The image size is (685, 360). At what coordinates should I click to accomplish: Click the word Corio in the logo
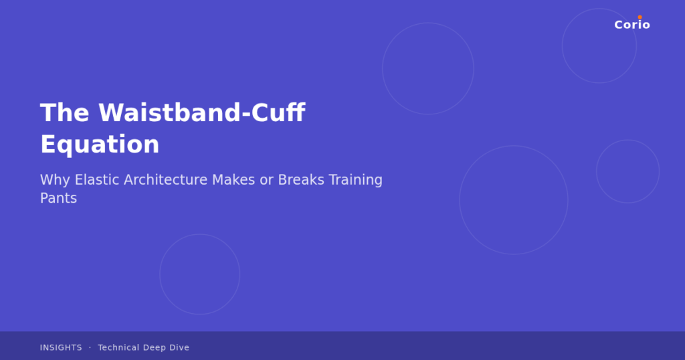click(x=631, y=25)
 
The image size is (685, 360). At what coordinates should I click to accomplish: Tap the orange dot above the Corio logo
click(x=640, y=17)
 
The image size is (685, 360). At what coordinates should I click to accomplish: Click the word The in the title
click(x=64, y=113)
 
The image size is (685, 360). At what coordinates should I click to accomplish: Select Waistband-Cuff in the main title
click(x=201, y=113)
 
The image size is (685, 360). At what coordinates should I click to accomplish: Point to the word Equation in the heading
click(x=100, y=145)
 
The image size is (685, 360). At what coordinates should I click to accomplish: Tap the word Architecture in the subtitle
click(x=165, y=180)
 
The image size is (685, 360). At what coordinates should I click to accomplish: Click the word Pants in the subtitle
click(x=58, y=199)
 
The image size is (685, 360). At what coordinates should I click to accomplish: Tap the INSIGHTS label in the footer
click(x=61, y=348)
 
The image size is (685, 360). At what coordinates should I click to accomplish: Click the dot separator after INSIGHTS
click(x=90, y=348)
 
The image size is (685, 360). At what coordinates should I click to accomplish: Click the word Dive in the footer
click(x=179, y=348)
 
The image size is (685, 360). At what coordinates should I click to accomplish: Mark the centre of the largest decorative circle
click(x=514, y=200)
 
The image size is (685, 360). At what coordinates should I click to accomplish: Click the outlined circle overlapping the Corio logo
click(x=599, y=46)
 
